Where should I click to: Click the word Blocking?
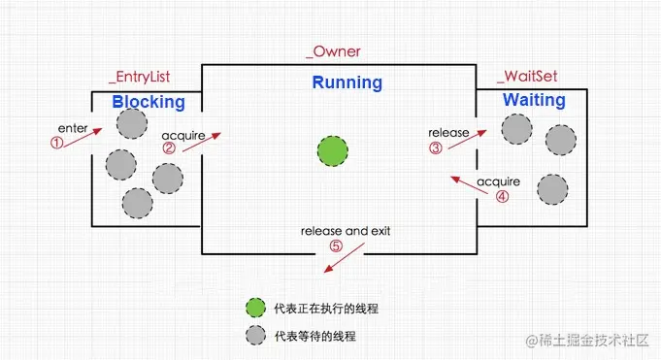point(148,101)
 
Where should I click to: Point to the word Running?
point(347,82)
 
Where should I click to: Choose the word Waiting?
point(533,100)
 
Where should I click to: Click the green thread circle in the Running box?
point(333,150)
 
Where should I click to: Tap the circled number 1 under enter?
point(56,142)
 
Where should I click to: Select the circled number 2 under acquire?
point(169,149)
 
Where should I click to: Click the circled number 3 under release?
point(436,147)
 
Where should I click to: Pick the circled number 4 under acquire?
point(502,195)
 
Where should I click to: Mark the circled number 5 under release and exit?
point(336,245)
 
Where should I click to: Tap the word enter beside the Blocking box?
point(74,127)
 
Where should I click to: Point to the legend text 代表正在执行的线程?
point(326,308)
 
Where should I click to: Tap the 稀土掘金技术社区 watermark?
point(588,341)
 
